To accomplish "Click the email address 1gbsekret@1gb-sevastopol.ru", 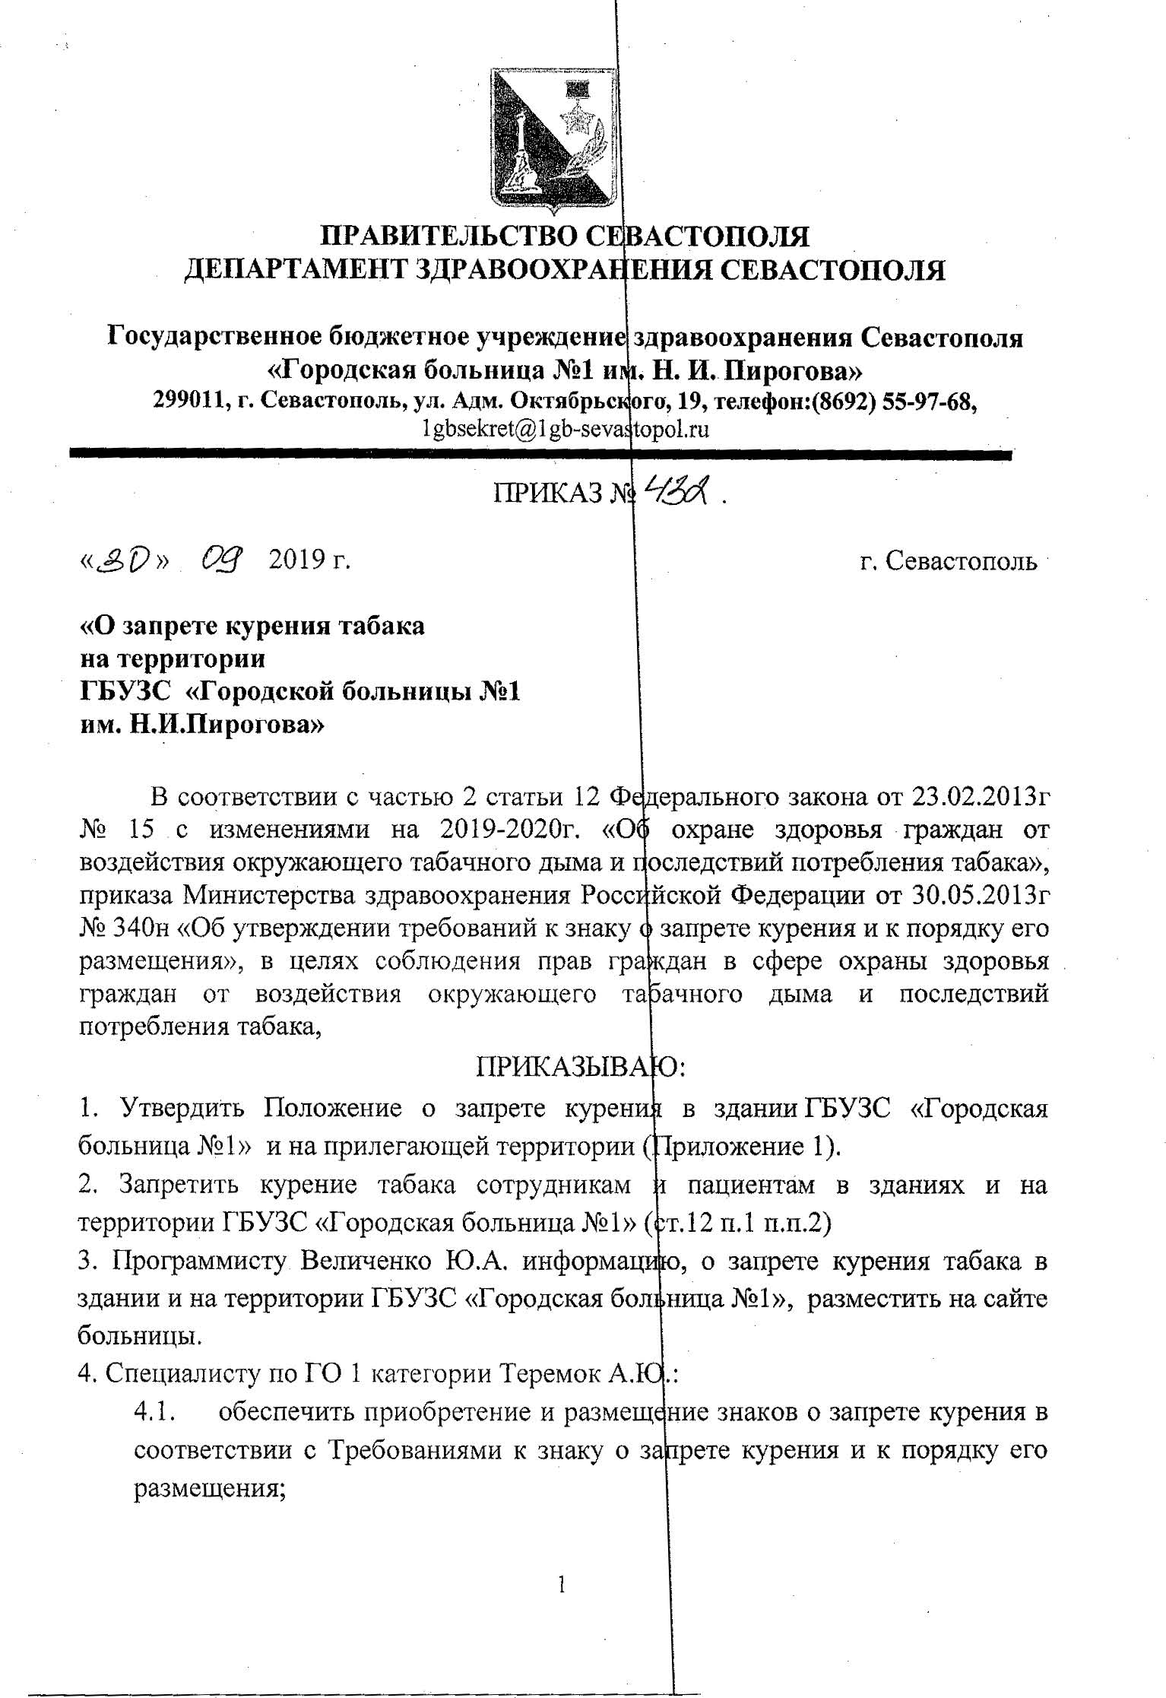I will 566,430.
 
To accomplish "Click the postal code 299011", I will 190,401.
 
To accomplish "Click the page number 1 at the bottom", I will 561,1583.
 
